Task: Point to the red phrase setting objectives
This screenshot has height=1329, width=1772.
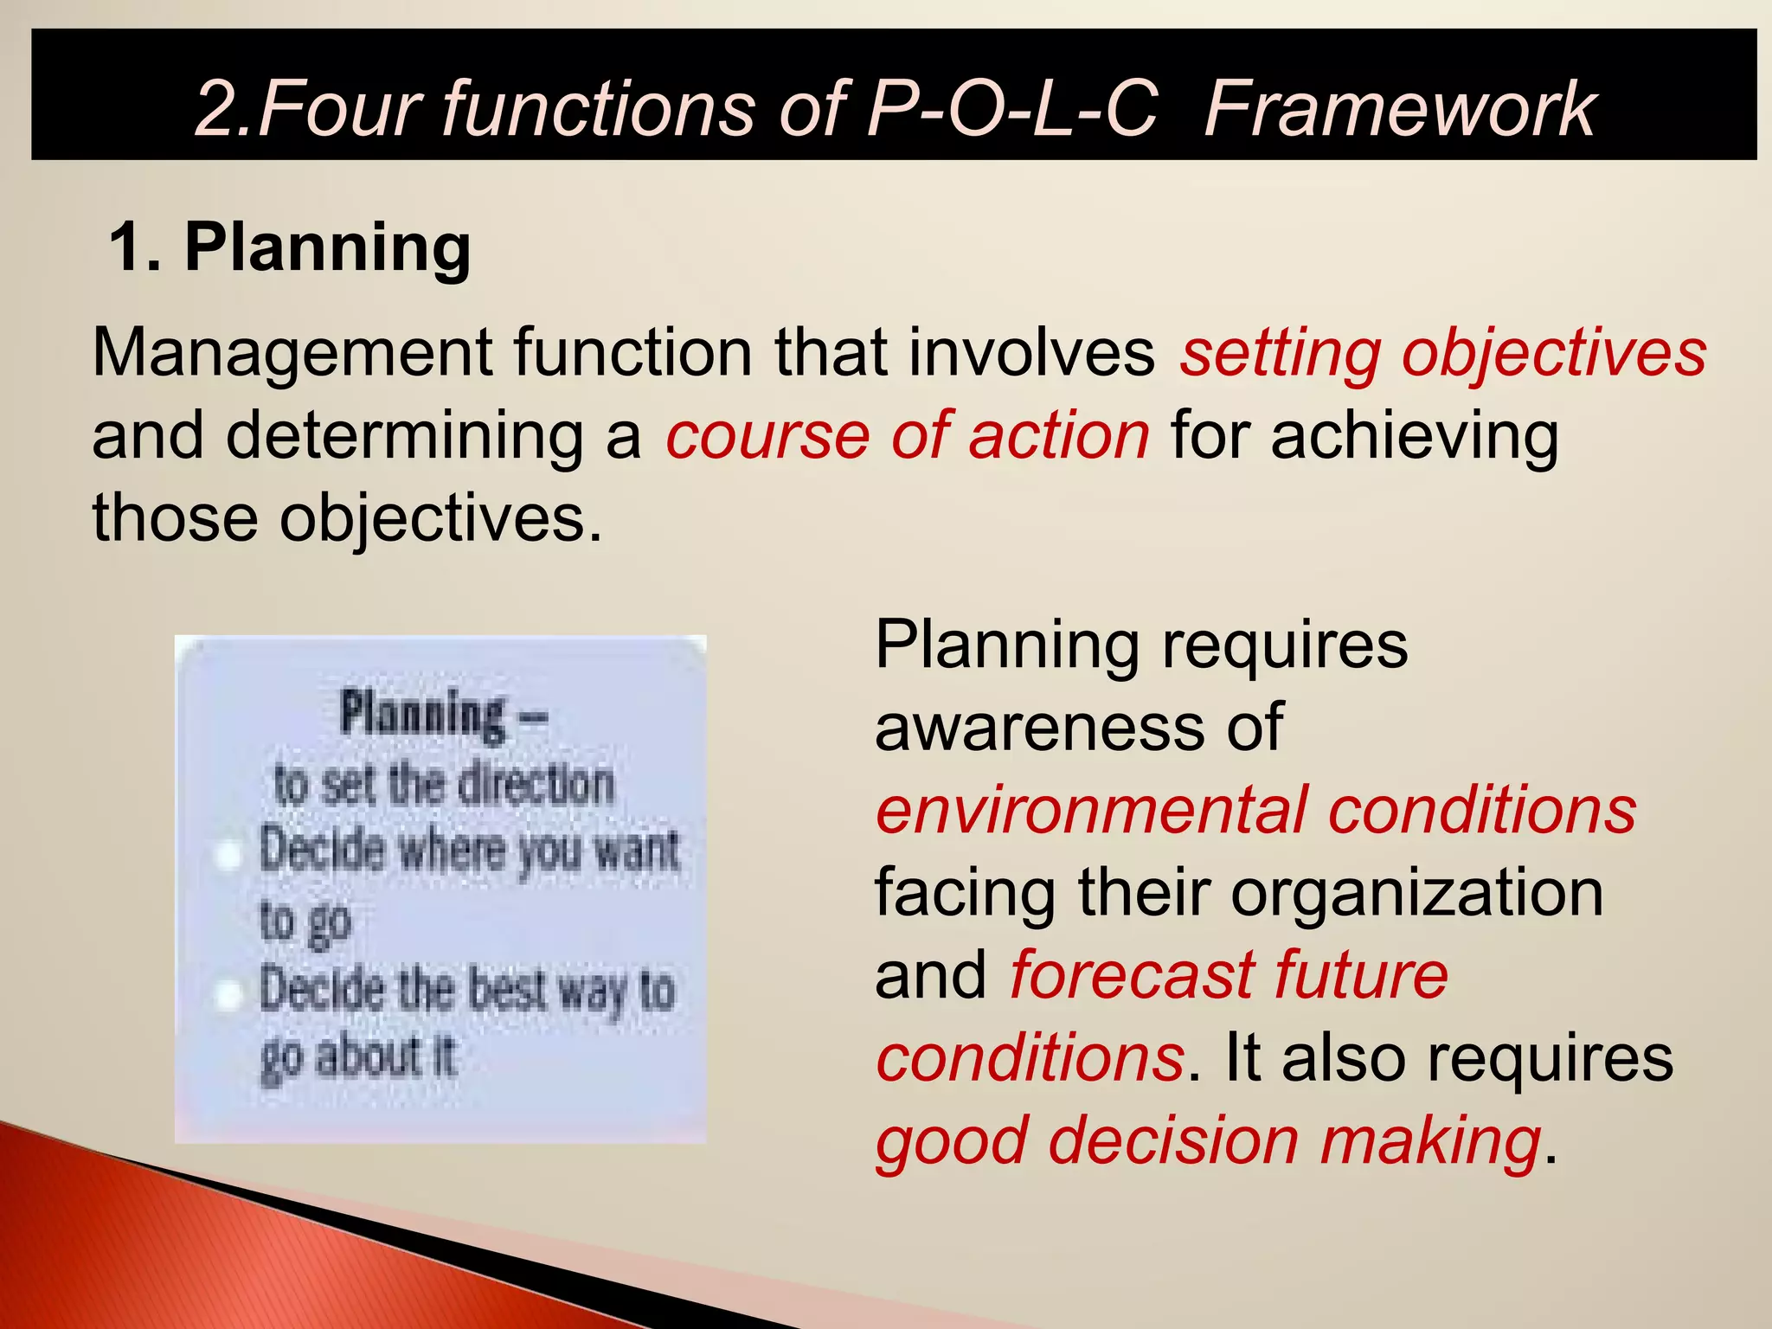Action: click(1442, 353)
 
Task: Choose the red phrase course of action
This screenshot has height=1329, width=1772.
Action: click(907, 435)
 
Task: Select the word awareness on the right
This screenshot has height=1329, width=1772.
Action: click(1038, 727)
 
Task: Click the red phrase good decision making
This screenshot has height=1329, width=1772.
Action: click(1208, 1140)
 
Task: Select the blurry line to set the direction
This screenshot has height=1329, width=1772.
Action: click(443, 785)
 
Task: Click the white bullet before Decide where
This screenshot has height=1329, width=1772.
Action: click(228, 855)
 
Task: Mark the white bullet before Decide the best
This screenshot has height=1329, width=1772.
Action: click(228, 995)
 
